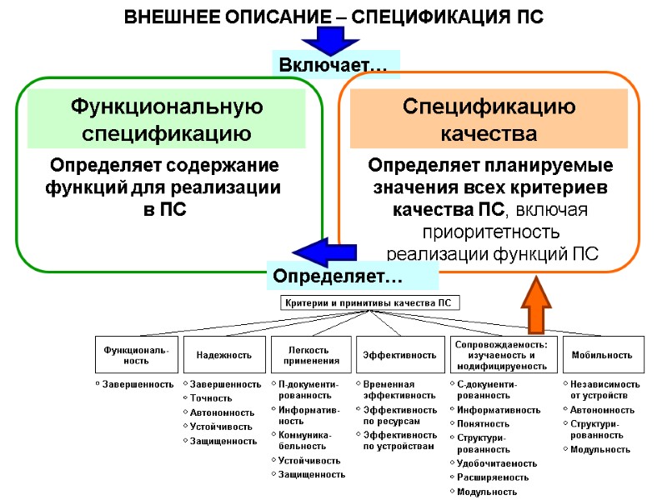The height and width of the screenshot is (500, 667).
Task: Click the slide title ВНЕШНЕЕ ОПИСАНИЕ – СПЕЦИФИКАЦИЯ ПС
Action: (x=333, y=17)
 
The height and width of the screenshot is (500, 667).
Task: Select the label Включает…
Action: (x=333, y=64)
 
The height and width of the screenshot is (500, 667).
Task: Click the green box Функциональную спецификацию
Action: (x=167, y=120)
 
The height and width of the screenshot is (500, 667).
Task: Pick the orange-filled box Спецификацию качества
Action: (x=489, y=120)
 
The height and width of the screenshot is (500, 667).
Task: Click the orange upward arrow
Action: (x=536, y=305)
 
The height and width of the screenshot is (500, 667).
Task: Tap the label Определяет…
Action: (x=352, y=274)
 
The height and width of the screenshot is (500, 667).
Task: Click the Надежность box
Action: (x=223, y=355)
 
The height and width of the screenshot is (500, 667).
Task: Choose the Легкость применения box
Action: (x=311, y=355)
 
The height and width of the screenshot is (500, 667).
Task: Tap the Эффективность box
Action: (x=399, y=355)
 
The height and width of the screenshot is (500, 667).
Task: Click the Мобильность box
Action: (x=602, y=355)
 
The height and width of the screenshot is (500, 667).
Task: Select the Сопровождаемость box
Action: (x=501, y=355)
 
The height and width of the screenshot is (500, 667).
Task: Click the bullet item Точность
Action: (x=210, y=398)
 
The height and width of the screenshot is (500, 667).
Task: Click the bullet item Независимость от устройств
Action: (x=604, y=390)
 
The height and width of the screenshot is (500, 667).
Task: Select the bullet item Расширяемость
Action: (x=493, y=477)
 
